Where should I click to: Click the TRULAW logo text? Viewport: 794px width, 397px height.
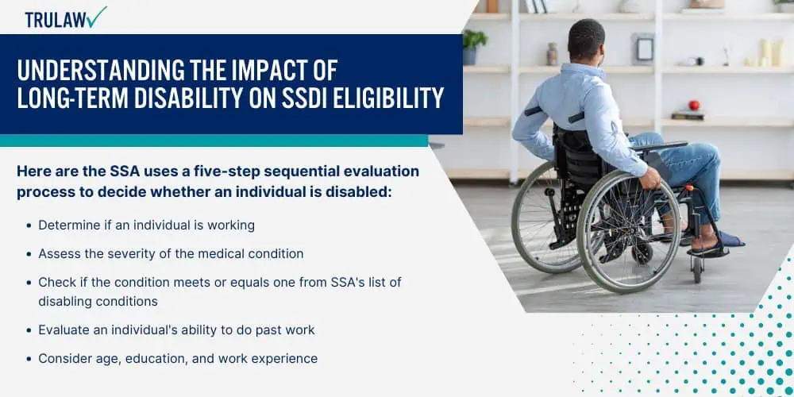tap(56, 19)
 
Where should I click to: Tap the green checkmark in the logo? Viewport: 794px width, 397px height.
tap(96, 17)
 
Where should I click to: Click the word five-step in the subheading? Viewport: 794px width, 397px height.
tap(225, 172)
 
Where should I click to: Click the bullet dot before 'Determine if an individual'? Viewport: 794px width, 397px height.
tap(29, 225)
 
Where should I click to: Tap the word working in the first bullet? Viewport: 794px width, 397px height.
tap(230, 225)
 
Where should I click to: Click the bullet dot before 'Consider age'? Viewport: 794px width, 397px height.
tap(29, 359)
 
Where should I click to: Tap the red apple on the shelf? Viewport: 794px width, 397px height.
tap(694, 106)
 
